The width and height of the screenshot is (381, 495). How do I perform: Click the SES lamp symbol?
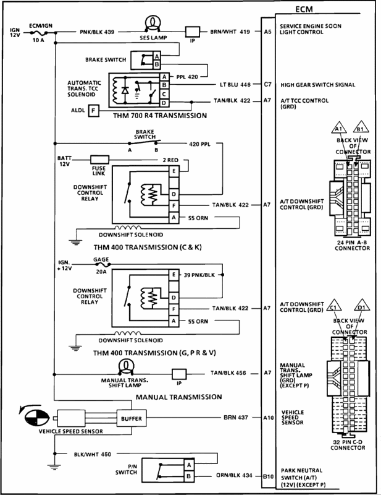(153, 24)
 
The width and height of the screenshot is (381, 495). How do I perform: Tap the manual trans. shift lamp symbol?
(126, 366)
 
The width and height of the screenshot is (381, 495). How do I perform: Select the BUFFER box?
(132, 419)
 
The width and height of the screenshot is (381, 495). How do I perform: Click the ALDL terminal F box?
(93, 111)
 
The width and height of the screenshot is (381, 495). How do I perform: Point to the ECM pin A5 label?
(267, 32)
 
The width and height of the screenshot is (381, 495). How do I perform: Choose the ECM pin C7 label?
(267, 84)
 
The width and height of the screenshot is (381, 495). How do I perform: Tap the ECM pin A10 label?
(268, 418)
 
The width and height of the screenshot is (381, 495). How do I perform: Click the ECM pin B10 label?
(268, 476)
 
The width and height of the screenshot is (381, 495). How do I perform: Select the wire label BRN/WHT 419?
(230, 32)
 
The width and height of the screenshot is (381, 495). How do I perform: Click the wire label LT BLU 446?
(235, 85)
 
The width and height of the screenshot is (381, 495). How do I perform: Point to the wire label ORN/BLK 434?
(234, 475)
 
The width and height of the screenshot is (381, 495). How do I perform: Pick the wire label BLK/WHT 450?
(93, 454)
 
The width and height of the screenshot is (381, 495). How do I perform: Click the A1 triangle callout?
(338, 127)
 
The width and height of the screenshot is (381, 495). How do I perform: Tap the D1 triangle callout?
(361, 306)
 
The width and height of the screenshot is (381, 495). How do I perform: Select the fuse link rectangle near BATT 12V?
(100, 160)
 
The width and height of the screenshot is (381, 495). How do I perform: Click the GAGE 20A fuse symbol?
(101, 265)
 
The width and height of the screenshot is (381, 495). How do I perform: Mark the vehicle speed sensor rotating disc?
(37, 418)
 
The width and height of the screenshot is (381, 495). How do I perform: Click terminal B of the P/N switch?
(189, 476)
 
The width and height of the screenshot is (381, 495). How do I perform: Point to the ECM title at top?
(304, 9)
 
